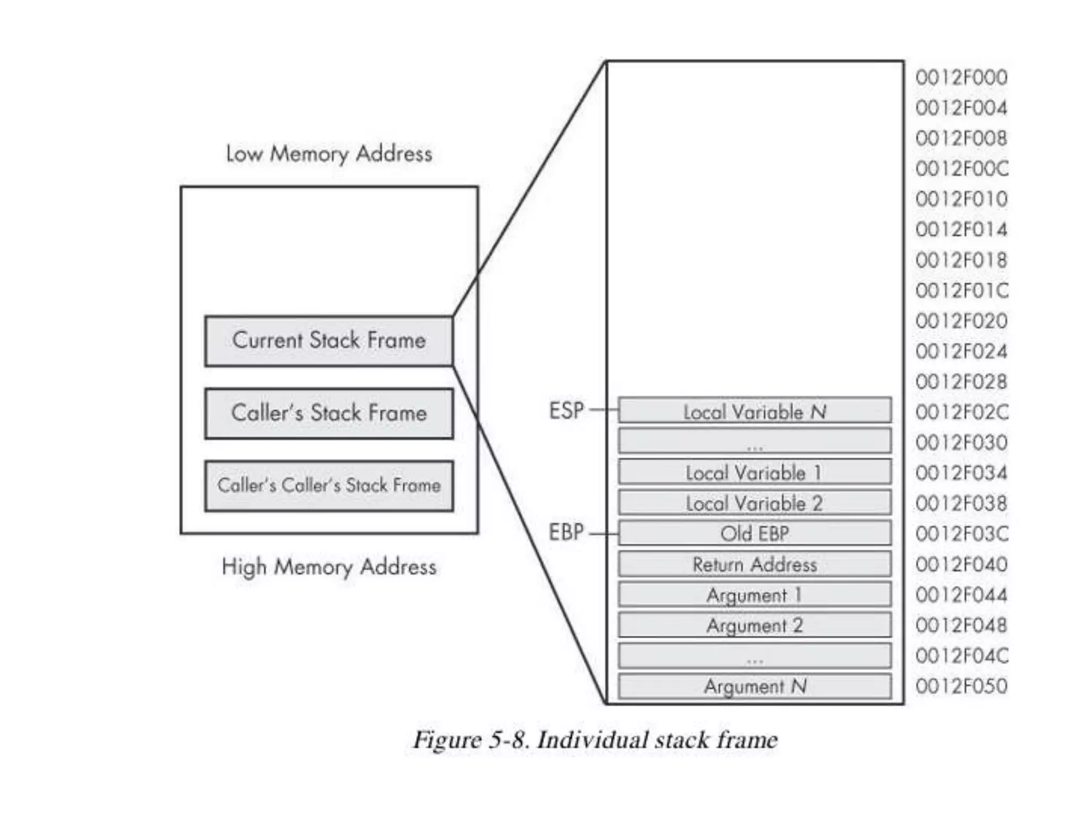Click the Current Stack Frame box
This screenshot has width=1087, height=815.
[329, 341]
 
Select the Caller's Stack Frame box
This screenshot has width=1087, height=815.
[329, 413]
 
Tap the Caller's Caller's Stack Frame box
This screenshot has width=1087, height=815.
[329, 485]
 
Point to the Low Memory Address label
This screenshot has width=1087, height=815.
[329, 154]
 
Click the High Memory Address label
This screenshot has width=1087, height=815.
[329, 567]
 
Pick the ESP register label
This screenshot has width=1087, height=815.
[566, 410]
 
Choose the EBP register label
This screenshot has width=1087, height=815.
[566, 532]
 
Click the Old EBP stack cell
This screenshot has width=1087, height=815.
[754, 533]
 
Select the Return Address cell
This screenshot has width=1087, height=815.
[754, 564]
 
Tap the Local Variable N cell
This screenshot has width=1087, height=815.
[754, 411]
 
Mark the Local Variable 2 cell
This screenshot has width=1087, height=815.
[754, 503]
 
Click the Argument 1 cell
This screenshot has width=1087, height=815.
[754, 595]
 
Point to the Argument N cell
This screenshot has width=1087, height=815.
[754, 686]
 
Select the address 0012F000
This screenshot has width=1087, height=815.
[961, 78]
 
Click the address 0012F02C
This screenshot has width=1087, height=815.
[961, 412]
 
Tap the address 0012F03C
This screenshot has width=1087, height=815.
[961, 534]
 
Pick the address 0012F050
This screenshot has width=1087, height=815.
[961, 686]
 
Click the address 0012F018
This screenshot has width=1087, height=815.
[961, 260]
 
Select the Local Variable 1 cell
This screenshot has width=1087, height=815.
[754, 472]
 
